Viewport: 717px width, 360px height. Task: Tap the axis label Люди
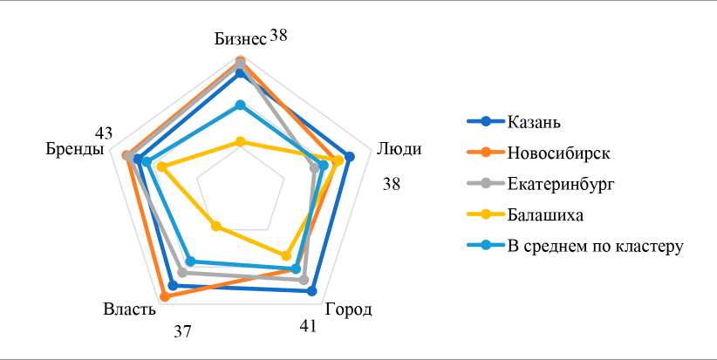399,148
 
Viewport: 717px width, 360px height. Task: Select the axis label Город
348,309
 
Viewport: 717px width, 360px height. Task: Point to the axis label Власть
129,309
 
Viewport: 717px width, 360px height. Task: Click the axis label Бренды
76,149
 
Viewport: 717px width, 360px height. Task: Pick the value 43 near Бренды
104,133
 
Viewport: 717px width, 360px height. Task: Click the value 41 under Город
307,327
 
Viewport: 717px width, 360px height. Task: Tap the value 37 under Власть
182,331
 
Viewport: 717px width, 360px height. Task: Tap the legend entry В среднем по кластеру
594,246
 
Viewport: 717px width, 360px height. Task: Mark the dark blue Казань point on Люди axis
350,158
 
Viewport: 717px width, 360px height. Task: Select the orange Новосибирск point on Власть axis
165,296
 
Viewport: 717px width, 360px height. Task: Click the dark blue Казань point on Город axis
312,292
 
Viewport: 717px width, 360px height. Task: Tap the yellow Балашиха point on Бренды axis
161,166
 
